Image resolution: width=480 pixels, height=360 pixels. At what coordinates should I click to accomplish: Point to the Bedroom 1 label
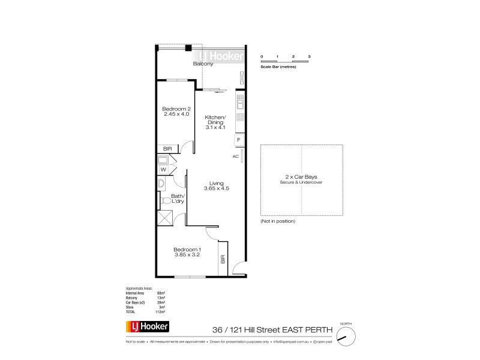(x=187, y=250)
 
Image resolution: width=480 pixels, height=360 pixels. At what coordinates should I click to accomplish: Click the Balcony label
(x=203, y=64)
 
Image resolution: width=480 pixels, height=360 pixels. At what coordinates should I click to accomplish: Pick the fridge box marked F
(x=238, y=140)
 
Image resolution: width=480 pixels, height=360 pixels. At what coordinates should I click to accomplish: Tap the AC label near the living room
(x=236, y=156)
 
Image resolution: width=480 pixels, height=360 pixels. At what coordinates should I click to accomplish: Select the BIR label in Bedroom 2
(x=168, y=149)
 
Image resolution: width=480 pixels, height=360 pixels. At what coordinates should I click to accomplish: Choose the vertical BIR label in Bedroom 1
(x=223, y=260)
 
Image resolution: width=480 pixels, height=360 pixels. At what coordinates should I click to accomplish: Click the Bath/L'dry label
(x=178, y=199)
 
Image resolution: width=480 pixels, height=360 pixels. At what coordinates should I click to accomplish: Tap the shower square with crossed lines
(x=165, y=217)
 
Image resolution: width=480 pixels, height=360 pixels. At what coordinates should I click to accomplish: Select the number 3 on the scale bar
(x=309, y=56)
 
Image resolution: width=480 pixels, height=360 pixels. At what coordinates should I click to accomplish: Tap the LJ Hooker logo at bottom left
(x=148, y=326)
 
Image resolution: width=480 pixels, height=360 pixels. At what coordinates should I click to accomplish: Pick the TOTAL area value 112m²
(x=160, y=313)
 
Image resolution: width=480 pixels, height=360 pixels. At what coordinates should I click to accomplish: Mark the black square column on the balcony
(x=188, y=49)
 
